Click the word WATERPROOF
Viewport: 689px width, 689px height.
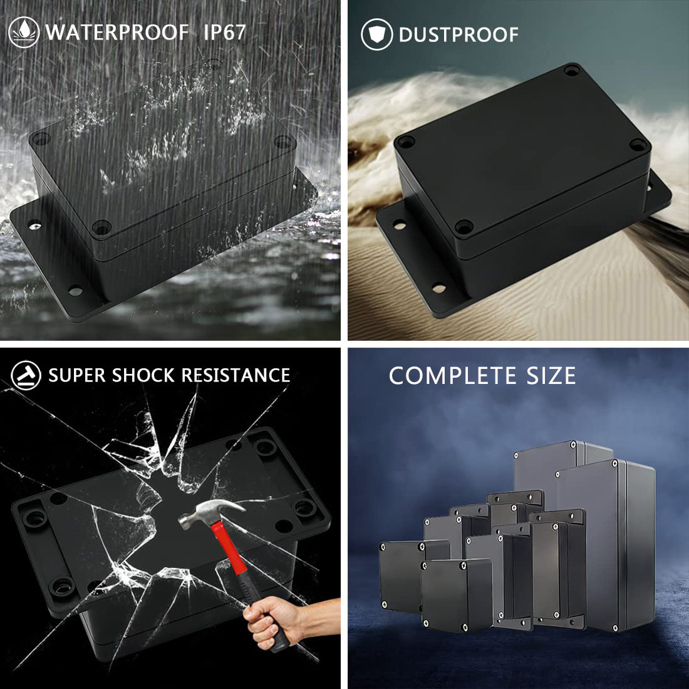(x=117, y=33)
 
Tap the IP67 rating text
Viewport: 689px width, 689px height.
(x=224, y=33)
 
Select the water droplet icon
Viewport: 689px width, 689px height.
(x=24, y=32)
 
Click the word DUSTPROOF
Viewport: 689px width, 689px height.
(x=458, y=34)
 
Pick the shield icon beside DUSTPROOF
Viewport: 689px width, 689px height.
(x=377, y=34)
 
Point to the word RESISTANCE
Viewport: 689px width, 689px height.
(x=236, y=376)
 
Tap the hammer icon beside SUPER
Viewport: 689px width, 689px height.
(x=26, y=375)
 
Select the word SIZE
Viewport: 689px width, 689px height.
(x=551, y=376)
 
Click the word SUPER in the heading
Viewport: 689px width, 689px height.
(x=77, y=376)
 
